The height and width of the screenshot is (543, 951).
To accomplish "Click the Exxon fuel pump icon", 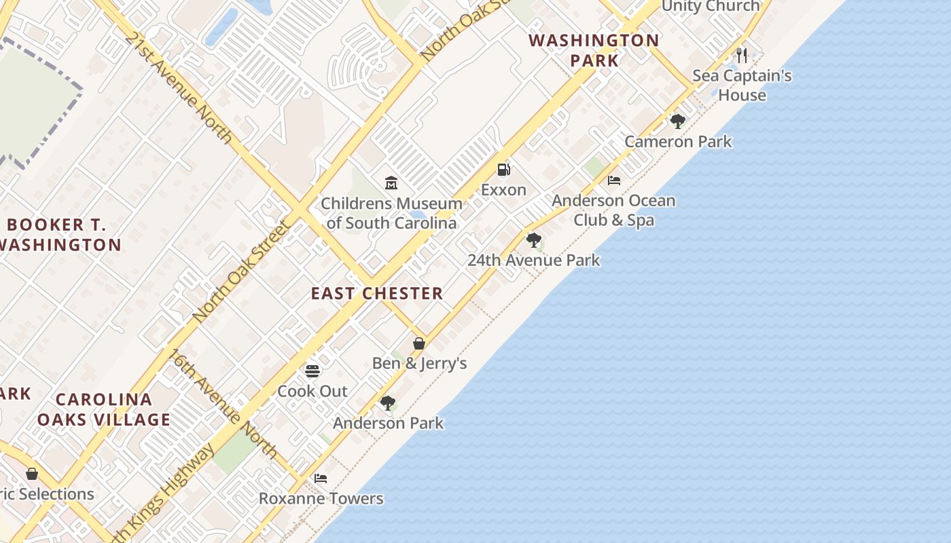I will click(503, 170).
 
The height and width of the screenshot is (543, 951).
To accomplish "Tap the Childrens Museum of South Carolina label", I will click(391, 213).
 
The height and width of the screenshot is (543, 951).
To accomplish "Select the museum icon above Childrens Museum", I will click(391, 183).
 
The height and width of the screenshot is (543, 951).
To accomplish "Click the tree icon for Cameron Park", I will click(677, 121).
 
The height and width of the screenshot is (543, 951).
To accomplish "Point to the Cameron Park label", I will click(678, 142).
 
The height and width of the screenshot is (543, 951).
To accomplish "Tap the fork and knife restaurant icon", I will click(742, 55).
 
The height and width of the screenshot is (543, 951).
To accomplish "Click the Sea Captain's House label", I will click(742, 86).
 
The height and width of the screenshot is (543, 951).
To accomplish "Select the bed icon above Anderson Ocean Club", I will click(614, 181).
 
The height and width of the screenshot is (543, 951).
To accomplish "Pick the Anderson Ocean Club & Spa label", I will click(613, 210).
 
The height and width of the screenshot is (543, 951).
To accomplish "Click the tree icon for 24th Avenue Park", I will click(534, 240).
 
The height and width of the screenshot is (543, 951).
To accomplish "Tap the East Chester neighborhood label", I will click(377, 293).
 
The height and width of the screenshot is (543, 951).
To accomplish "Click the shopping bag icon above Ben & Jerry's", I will click(419, 343).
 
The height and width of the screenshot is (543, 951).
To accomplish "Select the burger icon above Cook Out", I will click(312, 371).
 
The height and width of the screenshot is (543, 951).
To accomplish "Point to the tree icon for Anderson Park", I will click(388, 403).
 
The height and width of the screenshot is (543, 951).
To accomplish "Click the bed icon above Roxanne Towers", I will click(321, 479).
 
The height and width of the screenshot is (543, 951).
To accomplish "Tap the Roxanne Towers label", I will click(321, 499).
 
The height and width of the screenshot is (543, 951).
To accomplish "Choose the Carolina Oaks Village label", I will click(104, 409).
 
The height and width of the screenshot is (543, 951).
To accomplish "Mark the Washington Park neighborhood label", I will click(594, 50).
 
